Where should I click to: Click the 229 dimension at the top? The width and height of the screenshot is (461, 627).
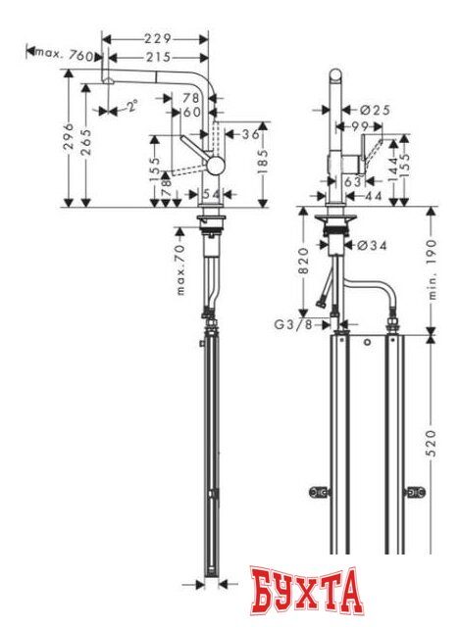click(x=157, y=38)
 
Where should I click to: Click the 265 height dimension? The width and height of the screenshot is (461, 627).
click(x=88, y=145)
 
